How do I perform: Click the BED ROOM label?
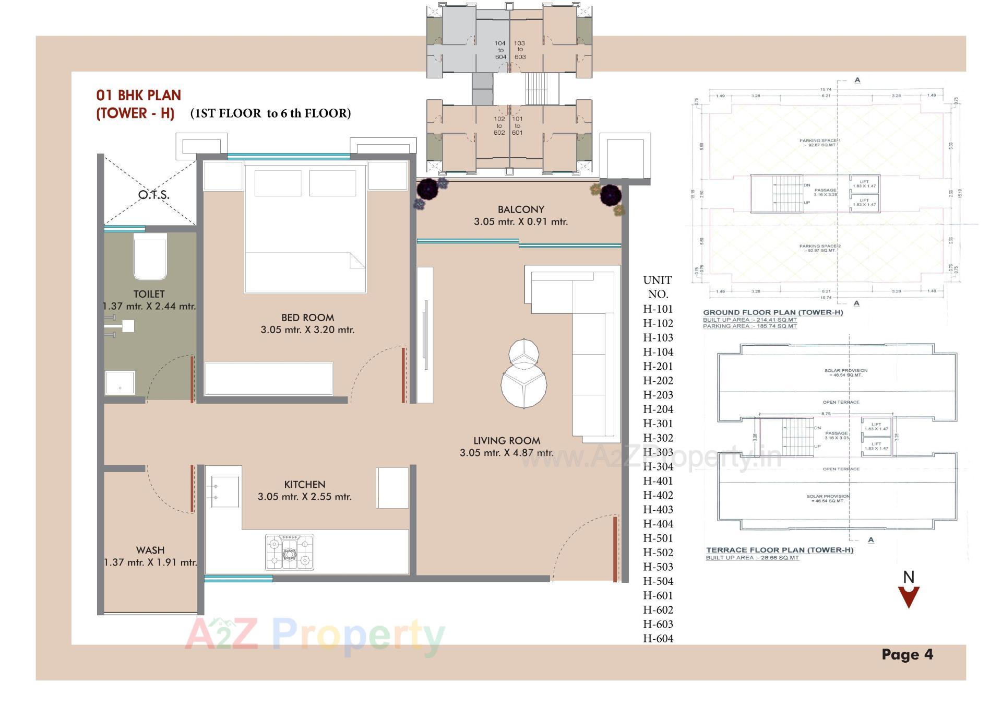307,318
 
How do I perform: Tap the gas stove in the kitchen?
290,551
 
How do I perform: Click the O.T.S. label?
153,195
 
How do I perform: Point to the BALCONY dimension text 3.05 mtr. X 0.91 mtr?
520,222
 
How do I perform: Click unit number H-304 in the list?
658,466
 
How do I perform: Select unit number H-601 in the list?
658,595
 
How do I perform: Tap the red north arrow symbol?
909,596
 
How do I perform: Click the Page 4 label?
907,654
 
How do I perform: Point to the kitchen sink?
224,491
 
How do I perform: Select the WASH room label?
150,550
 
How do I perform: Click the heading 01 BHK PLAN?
139,96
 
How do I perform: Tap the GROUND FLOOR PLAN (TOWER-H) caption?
772,312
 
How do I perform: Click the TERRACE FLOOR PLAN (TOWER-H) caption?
779,550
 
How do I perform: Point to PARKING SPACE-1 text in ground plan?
820,141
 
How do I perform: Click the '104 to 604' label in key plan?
500,50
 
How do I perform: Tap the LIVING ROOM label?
506,441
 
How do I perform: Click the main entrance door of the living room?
615,548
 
